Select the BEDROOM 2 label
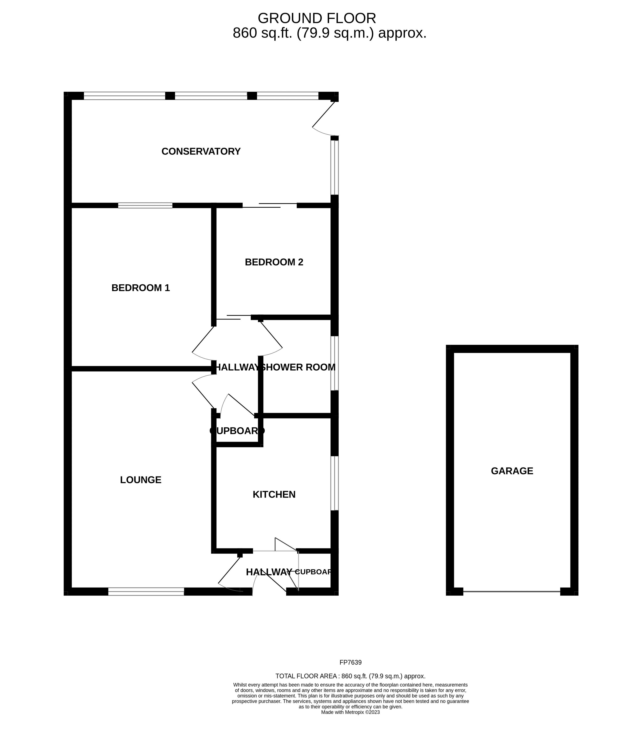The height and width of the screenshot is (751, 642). pyautogui.click(x=274, y=262)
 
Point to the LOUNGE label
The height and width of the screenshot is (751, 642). pyautogui.click(x=141, y=480)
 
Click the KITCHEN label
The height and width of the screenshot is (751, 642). pyautogui.click(x=274, y=494)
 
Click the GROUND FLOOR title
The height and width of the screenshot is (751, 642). pyautogui.click(x=316, y=18)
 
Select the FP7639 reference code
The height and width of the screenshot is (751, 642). pyautogui.click(x=350, y=663)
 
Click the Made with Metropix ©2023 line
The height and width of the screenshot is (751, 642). pyautogui.click(x=350, y=712)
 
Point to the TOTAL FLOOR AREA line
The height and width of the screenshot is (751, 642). pyautogui.click(x=350, y=676)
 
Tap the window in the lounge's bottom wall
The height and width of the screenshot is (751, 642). pyautogui.click(x=146, y=591)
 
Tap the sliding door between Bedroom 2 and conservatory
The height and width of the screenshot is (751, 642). pyautogui.click(x=269, y=206)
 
